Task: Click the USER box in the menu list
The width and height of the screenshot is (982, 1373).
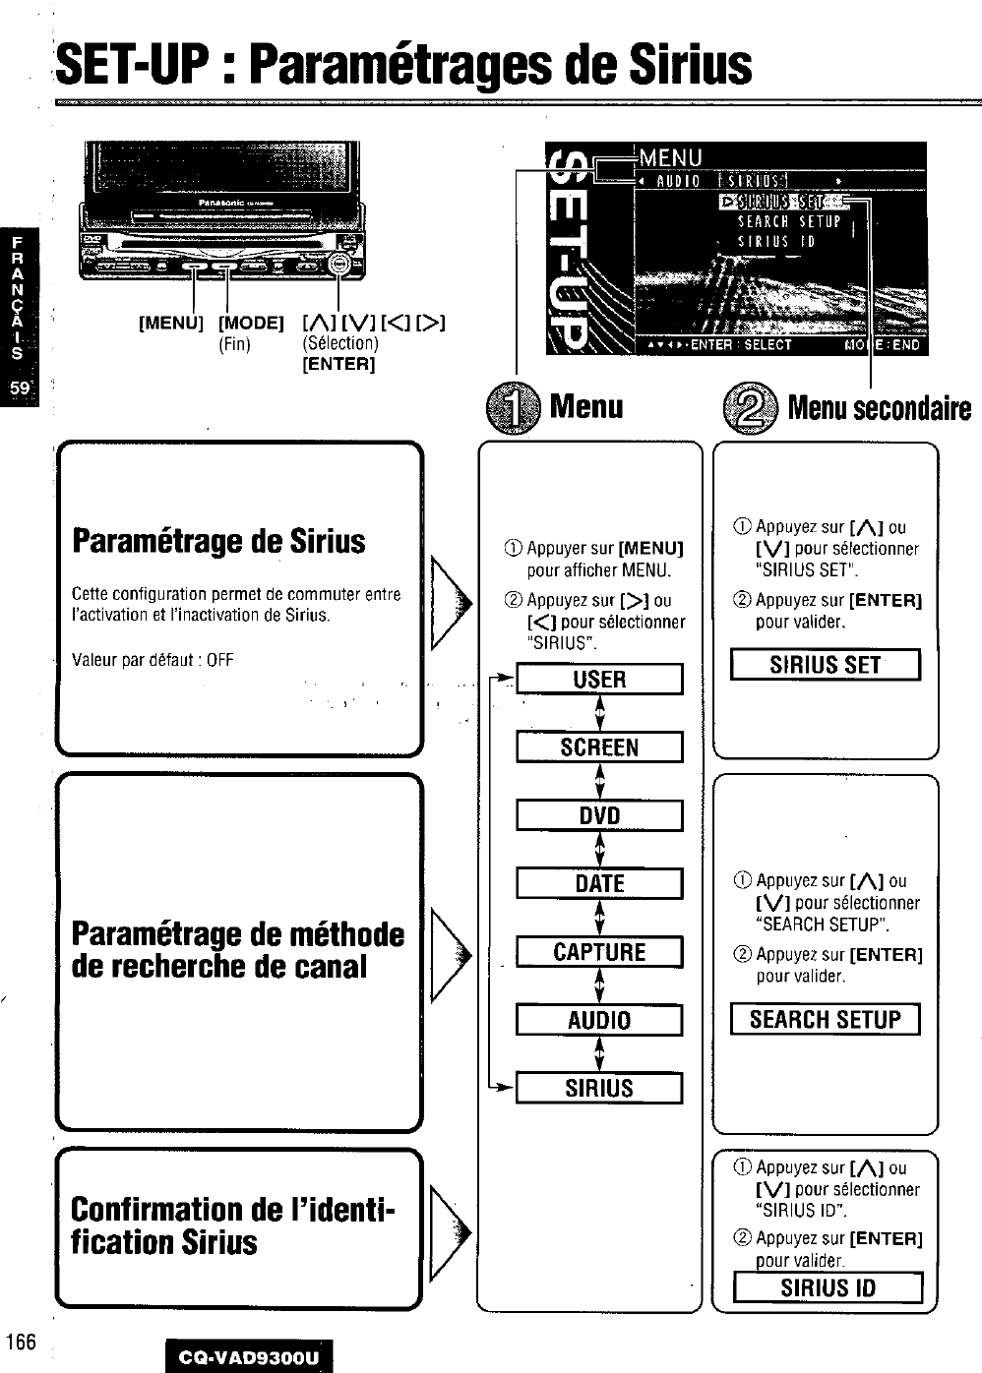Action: click(x=599, y=680)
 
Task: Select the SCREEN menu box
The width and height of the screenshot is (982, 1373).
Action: click(x=599, y=747)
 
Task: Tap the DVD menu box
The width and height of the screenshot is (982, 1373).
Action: click(x=599, y=816)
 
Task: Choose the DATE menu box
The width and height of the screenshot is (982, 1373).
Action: click(x=599, y=884)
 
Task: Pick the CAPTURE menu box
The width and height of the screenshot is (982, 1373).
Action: click(x=599, y=952)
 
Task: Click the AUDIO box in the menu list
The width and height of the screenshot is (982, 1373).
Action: click(x=599, y=1020)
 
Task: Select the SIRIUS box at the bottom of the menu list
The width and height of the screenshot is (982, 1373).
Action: click(x=599, y=1089)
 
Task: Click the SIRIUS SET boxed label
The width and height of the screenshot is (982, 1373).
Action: click(x=825, y=665)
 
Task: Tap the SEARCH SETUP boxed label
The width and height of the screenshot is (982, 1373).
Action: click(x=825, y=1019)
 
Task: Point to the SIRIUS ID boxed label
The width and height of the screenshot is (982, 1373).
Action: click(x=828, y=1287)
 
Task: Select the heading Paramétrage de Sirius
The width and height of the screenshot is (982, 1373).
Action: click(x=218, y=541)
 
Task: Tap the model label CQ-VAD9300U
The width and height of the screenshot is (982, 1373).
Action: click(x=249, y=1357)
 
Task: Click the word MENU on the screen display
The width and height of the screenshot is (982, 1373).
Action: click(x=670, y=157)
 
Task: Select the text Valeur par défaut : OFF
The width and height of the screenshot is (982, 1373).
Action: click(x=153, y=659)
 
